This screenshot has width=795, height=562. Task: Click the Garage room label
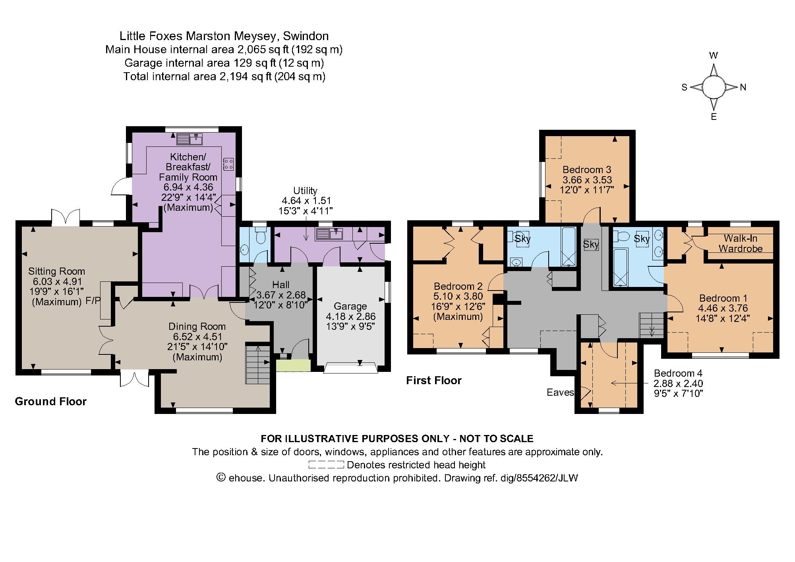coord(350,306)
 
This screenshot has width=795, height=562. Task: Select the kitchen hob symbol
coord(229,164)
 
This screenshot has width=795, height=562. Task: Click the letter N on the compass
coord(743,87)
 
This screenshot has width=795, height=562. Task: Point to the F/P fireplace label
coord(94,301)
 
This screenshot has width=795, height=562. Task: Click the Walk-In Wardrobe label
coord(741,243)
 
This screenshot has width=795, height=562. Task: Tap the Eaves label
coord(560,393)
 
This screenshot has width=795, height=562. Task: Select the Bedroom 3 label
coord(586,169)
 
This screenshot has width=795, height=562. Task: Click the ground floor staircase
coord(258,364)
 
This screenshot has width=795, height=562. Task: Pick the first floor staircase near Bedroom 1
coord(651,325)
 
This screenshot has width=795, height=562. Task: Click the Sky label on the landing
coord(591,244)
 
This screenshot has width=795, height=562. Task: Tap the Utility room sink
coord(329,234)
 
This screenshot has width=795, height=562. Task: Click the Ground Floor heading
coord(50,401)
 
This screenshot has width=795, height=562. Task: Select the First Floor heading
coord(433,380)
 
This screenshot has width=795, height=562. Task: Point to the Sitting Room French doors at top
coord(66,217)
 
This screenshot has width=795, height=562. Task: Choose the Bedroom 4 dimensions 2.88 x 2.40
coord(678,383)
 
